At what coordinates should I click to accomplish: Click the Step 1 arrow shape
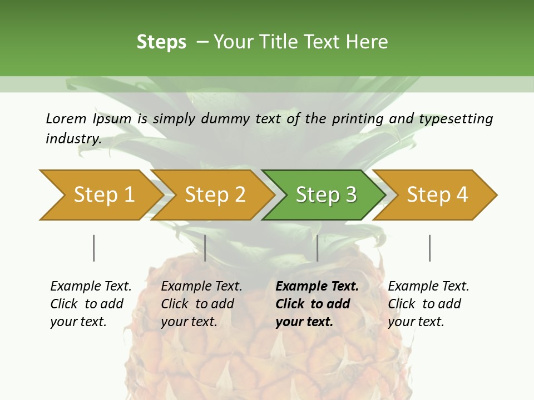point(100,195)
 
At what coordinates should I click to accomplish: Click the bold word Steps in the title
point(161,42)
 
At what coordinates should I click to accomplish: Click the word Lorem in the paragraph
point(66,118)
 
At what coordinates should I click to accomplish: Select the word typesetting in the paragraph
point(456,119)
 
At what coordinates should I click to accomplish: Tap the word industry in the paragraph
point(73,138)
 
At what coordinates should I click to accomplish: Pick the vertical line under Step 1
point(94,248)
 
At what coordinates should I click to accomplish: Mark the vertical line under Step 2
point(205,248)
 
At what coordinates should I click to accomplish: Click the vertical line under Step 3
point(318,248)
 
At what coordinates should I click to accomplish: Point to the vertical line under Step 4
point(430,248)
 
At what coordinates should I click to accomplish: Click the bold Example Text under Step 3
point(317,287)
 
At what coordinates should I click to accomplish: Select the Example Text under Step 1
point(91,287)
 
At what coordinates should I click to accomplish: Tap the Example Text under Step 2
point(201,287)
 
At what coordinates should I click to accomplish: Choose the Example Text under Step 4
point(428,287)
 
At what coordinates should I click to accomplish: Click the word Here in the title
point(367,42)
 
